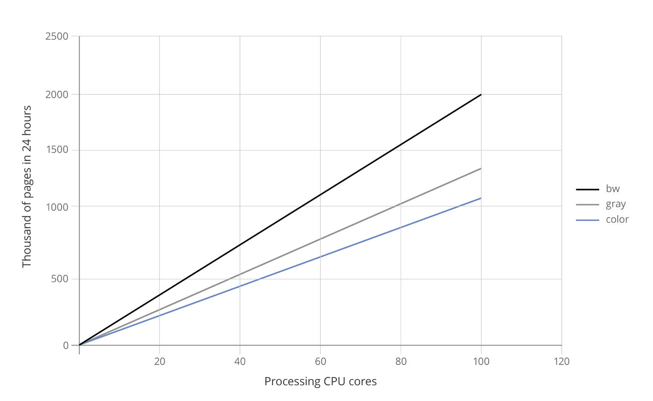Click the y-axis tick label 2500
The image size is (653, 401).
[x=57, y=36]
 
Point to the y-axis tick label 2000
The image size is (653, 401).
[x=57, y=94]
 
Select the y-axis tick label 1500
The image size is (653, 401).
[x=57, y=150]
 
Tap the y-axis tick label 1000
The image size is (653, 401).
[x=57, y=207]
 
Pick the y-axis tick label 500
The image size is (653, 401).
[x=60, y=279]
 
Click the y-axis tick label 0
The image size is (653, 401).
[x=66, y=345]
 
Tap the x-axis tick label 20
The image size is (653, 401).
[x=159, y=361]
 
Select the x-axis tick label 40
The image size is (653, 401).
[x=240, y=361]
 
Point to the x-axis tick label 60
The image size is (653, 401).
[x=321, y=361]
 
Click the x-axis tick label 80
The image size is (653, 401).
[x=401, y=361]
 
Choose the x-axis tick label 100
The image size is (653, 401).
[x=481, y=361]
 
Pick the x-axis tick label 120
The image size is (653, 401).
[x=562, y=361]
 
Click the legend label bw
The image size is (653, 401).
[x=613, y=189]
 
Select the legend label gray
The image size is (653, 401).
[x=615, y=204]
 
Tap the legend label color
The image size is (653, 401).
[x=617, y=219]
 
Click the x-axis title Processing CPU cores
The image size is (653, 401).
[x=321, y=381]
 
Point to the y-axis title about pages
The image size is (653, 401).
[x=27, y=186]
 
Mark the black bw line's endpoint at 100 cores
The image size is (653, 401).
[x=481, y=94]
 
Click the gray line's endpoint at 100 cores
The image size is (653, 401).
[x=481, y=169]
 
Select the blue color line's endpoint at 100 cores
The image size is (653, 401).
[x=481, y=198]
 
